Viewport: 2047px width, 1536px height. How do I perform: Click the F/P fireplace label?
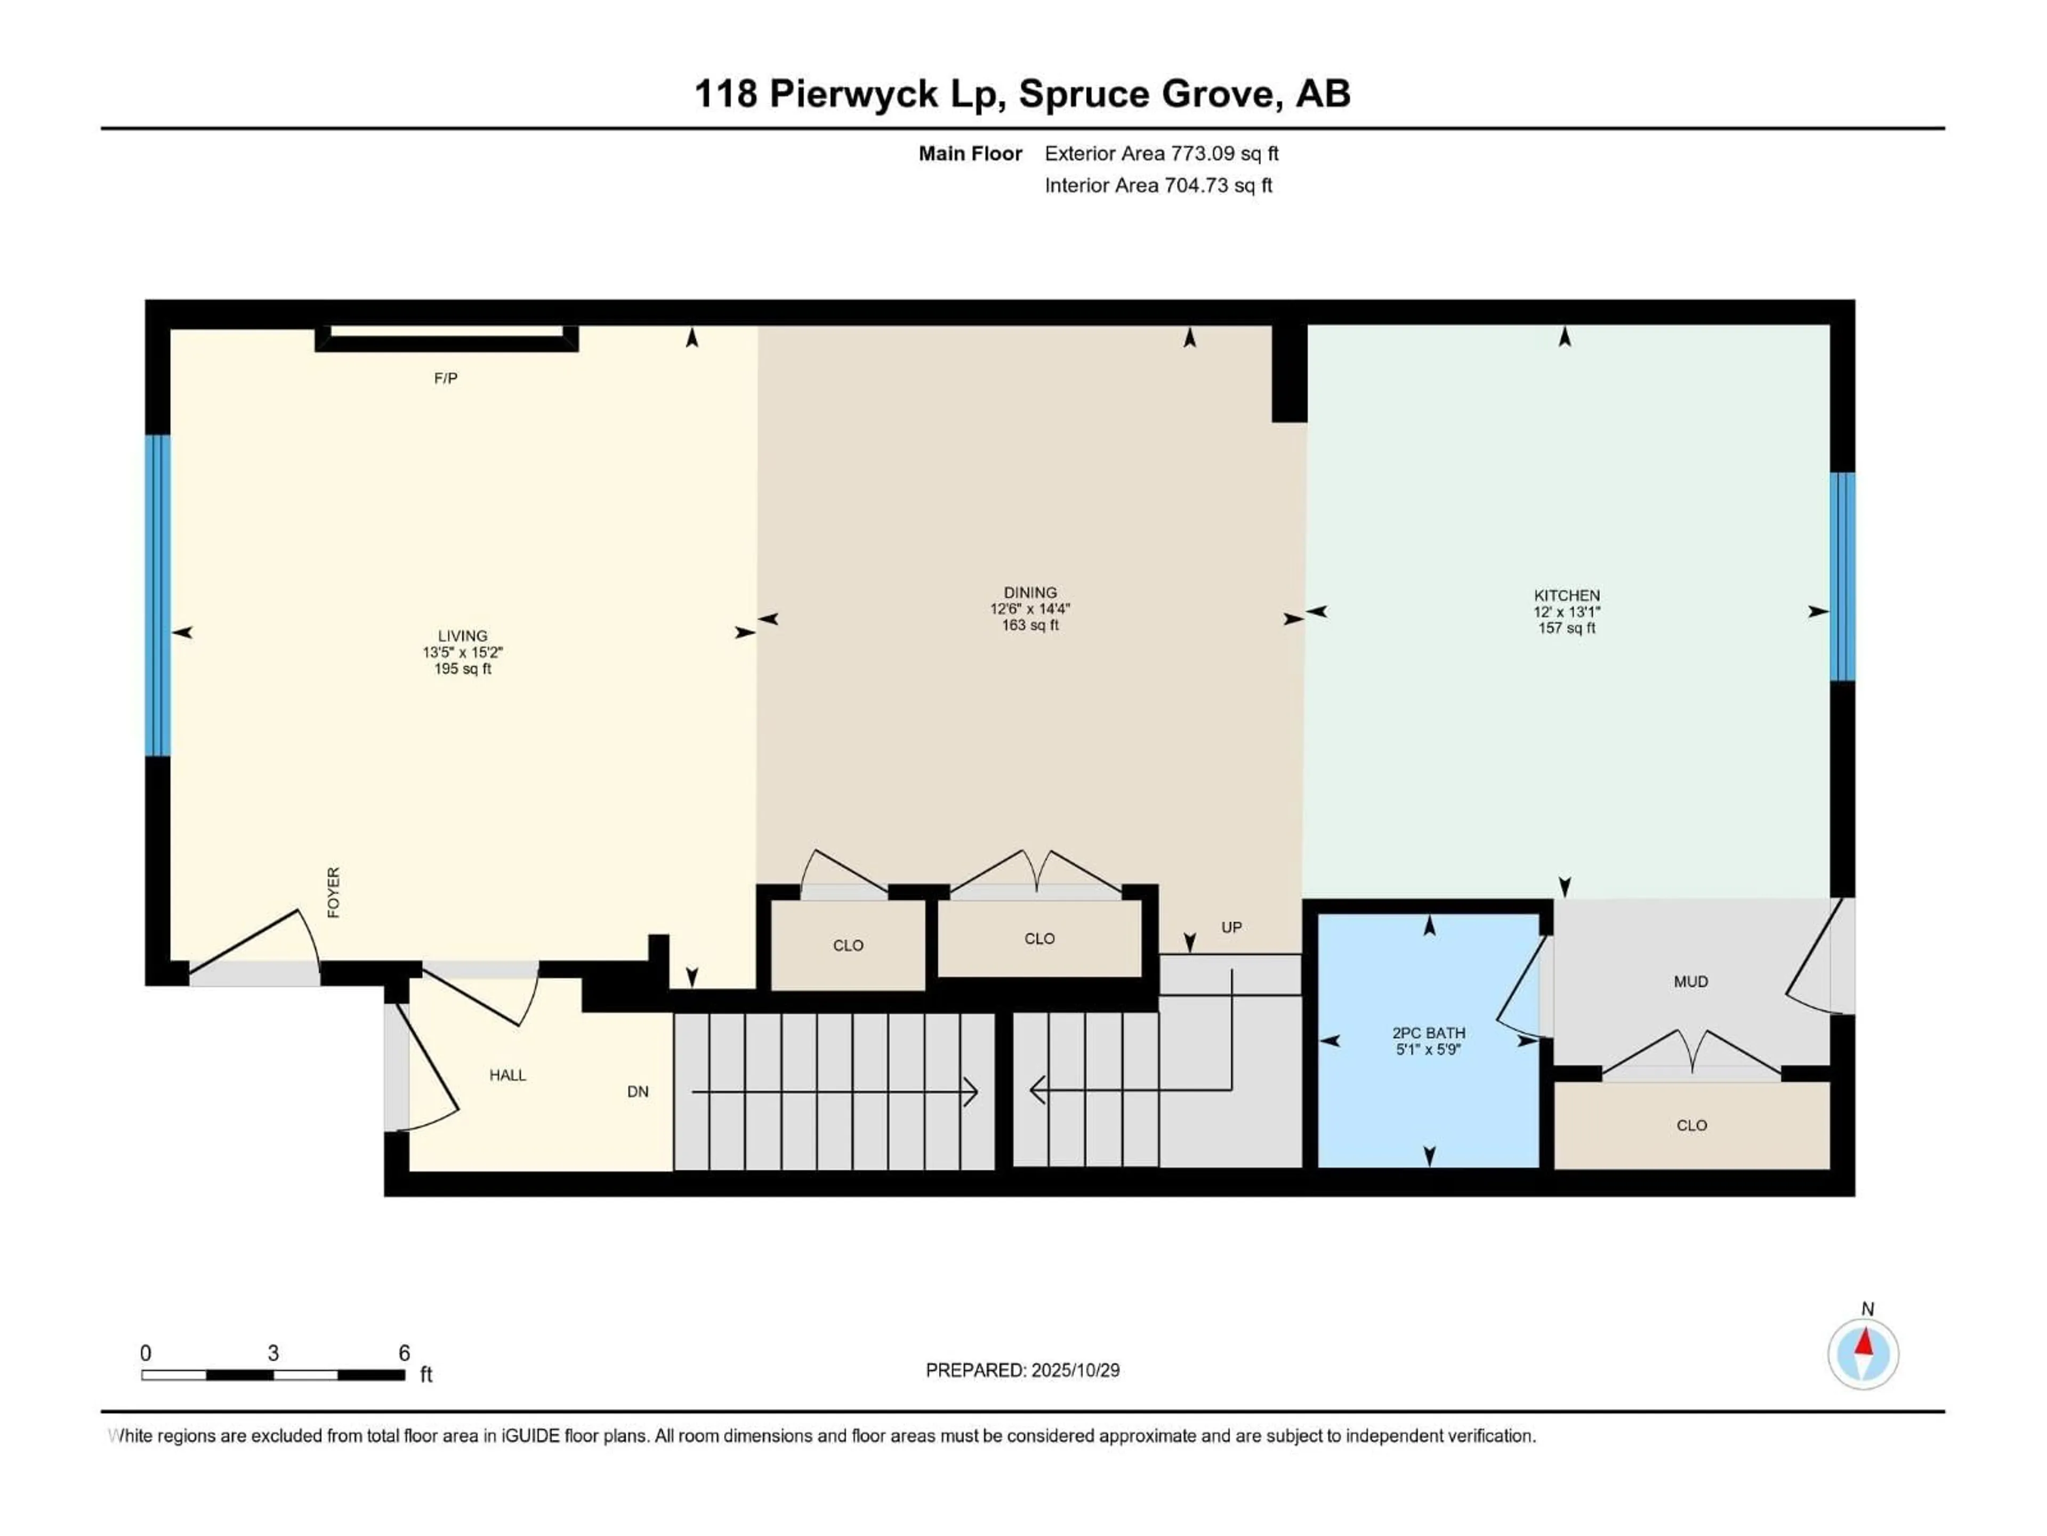click(445, 378)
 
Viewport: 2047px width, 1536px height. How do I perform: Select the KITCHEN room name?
click(1566, 595)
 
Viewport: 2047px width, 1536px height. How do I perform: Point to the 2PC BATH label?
click(1428, 1033)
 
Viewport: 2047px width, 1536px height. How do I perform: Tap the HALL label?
click(507, 1075)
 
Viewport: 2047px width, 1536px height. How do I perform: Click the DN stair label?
click(638, 1092)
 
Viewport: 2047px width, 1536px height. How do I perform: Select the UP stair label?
click(1231, 927)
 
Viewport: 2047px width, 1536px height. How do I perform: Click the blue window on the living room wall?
click(158, 595)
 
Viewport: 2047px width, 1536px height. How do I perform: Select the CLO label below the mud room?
click(1691, 1125)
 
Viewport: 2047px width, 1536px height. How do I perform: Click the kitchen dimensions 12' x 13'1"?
click(1566, 612)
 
